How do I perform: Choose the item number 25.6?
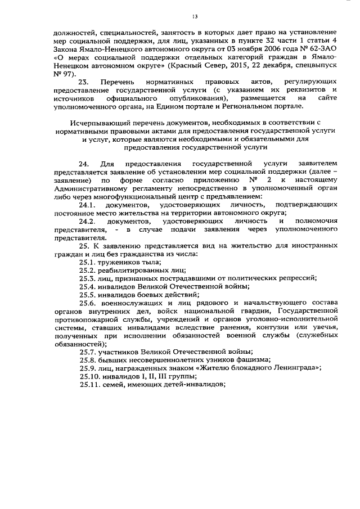point(87,303)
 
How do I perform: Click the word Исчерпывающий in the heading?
point(96,121)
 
